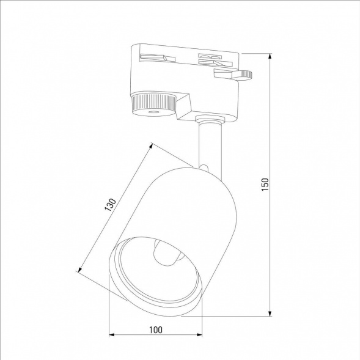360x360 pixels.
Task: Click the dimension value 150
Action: tap(265, 184)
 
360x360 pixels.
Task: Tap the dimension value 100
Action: tap(155, 329)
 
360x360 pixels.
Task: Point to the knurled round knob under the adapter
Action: tap(152, 103)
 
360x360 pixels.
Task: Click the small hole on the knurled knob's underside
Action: tap(152, 113)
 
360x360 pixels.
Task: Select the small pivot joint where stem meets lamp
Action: tap(204, 167)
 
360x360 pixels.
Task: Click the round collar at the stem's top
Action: tap(208, 122)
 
